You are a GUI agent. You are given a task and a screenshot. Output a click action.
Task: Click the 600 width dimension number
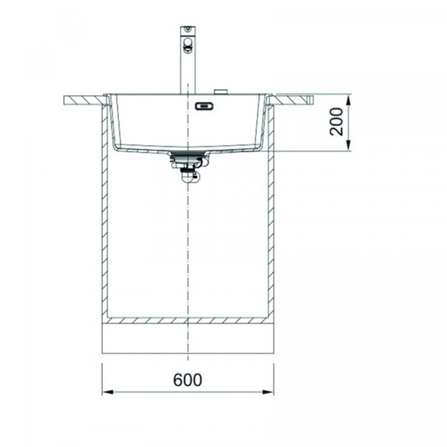188,379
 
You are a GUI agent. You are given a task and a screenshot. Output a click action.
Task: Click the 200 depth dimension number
337,121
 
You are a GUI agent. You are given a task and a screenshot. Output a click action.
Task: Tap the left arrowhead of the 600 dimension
107,392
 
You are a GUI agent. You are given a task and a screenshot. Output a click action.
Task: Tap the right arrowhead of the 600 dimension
268,392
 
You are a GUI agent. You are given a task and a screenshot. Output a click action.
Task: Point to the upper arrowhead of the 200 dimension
349,101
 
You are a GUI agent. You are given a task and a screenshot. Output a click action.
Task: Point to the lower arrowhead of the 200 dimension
349,145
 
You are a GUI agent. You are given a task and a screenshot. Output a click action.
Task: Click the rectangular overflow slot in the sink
204,107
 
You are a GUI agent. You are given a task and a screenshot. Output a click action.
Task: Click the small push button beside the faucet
221,91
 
